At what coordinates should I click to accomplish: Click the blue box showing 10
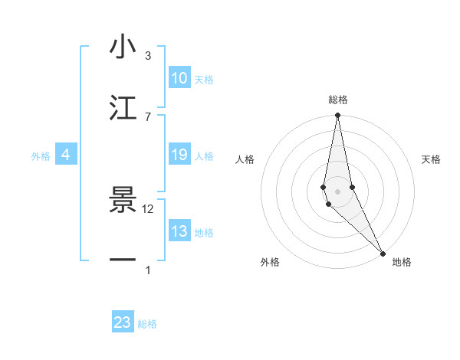[179, 78]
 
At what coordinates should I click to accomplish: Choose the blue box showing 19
[179, 155]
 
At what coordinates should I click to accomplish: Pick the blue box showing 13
[179, 231]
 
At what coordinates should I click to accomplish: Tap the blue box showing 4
[66, 155]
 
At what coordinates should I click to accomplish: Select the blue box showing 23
[123, 322]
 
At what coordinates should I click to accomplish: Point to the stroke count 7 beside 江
[148, 116]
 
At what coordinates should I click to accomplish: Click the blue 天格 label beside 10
[204, 80]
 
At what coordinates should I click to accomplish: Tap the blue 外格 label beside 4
[41, 156]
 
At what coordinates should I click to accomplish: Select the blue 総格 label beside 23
[147, 324]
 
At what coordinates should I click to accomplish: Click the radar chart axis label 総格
[338, 100]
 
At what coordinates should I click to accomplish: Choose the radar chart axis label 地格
[402, 262]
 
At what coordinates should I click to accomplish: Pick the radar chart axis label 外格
[270, 262]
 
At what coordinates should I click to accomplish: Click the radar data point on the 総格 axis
[337, 116]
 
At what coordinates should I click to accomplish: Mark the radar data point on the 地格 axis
[383, 252]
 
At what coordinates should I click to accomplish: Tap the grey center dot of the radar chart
[337, 191]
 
